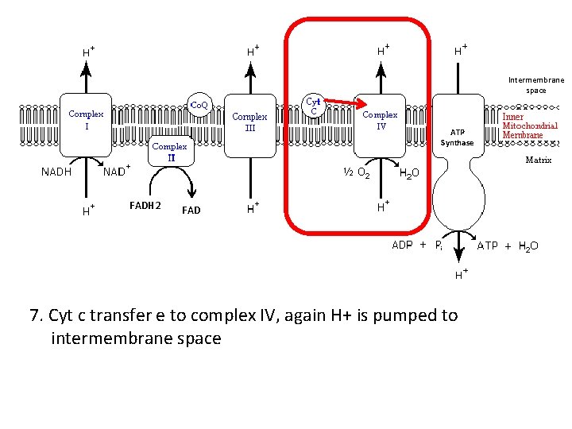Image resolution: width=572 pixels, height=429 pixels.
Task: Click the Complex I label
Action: point(86,120)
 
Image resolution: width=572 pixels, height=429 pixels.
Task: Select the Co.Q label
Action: point(198,104)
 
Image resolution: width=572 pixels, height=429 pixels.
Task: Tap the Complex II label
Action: point(169,152)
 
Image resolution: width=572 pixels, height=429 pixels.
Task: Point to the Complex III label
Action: point(249,122)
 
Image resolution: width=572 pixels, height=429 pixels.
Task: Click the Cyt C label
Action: point(314,106)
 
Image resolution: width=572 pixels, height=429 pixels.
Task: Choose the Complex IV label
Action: point(380,120)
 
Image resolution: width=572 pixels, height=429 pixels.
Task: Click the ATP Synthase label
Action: point(457,137)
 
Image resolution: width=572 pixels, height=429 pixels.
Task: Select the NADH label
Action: point(56,171)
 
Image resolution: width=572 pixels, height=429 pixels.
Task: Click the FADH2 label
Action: point(145,207)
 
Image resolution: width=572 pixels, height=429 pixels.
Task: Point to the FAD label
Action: point(191,211)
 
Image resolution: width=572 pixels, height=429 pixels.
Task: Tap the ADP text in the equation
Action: point(403,245)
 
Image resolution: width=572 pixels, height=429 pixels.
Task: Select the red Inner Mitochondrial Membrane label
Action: point(529,126)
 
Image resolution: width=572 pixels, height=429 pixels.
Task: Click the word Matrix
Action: point(538,160)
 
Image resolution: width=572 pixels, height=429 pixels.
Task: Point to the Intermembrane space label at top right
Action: point(535,85)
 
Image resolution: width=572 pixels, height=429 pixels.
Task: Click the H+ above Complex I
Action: point(88,51)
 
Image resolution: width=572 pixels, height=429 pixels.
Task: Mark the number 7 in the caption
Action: point(35,315)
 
